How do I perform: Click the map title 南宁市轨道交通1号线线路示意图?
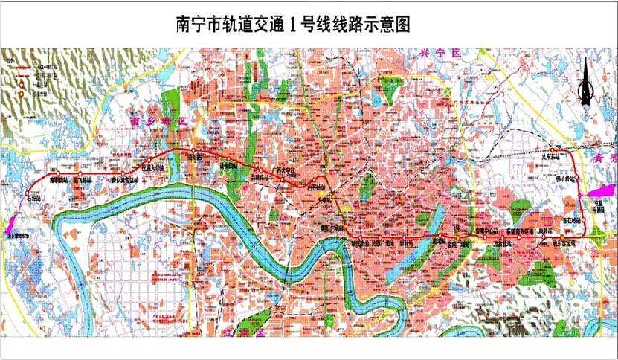tap(292, 24)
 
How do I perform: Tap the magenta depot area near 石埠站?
tap(16, 221)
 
